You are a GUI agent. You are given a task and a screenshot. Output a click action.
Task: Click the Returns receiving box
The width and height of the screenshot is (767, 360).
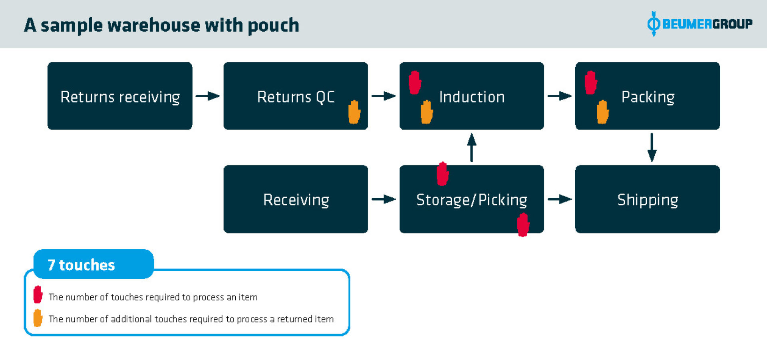click(x=120, y=96)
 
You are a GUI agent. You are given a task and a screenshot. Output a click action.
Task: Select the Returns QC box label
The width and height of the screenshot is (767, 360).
click(x=296, y=97)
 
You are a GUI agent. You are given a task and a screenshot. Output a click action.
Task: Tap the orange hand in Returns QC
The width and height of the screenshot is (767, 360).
click(x=354, y=112)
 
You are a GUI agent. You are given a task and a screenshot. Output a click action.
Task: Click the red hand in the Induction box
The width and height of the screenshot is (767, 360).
click(x=415, y=83)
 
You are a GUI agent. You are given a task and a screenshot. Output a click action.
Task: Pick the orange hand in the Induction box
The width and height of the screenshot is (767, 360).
click(x=427, y=112)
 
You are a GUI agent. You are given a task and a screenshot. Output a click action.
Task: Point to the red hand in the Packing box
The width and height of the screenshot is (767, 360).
click(x=590, y=83)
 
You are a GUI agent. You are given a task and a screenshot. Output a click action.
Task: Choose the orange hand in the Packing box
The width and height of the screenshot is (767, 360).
click(x=602, y=112)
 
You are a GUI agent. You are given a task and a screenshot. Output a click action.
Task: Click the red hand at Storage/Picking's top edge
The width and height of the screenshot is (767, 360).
click(x=442, y=174)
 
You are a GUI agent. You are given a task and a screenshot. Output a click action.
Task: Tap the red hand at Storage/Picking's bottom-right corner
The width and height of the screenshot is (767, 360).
click(x=523, y=225)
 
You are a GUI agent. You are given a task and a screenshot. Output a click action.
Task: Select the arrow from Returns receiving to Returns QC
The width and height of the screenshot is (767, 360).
click(x=208, y=96)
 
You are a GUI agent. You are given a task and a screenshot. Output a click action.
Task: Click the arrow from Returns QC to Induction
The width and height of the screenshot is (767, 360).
click(x=383, y=96)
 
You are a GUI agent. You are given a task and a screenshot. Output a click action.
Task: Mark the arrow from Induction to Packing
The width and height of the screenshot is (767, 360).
click(x=559, y=96)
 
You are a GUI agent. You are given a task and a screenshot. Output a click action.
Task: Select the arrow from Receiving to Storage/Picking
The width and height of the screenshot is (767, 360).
click(x=383, y=199)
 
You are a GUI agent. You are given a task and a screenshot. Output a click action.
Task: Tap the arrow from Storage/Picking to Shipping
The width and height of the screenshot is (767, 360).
click(x=559, y=199)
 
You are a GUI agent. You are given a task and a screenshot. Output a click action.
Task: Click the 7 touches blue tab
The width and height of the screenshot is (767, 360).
click(x=93, y=265)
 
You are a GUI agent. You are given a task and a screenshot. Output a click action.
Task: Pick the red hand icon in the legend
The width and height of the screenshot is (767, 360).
click(x=38, y=295)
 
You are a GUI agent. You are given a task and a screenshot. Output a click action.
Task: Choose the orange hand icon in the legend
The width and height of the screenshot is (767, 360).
click(x=38, y=318)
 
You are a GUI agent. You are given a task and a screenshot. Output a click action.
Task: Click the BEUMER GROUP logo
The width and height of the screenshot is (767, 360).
click(x=699, y=24)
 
